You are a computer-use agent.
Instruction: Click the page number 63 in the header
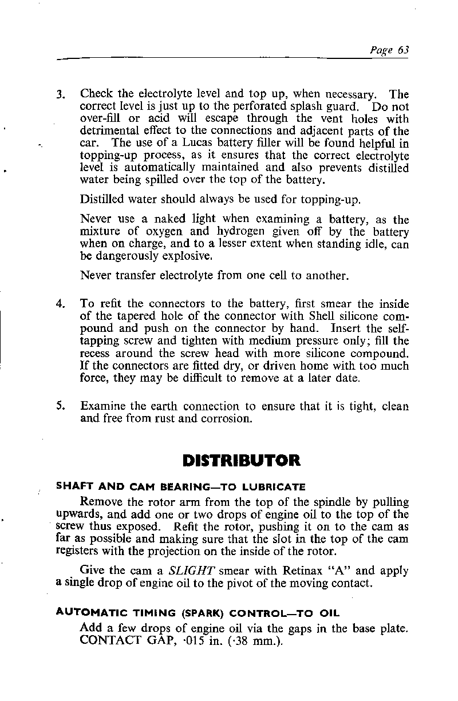point(402,50)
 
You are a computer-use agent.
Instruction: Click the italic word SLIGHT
point(194,571)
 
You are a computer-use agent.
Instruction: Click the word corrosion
point(222,419)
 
